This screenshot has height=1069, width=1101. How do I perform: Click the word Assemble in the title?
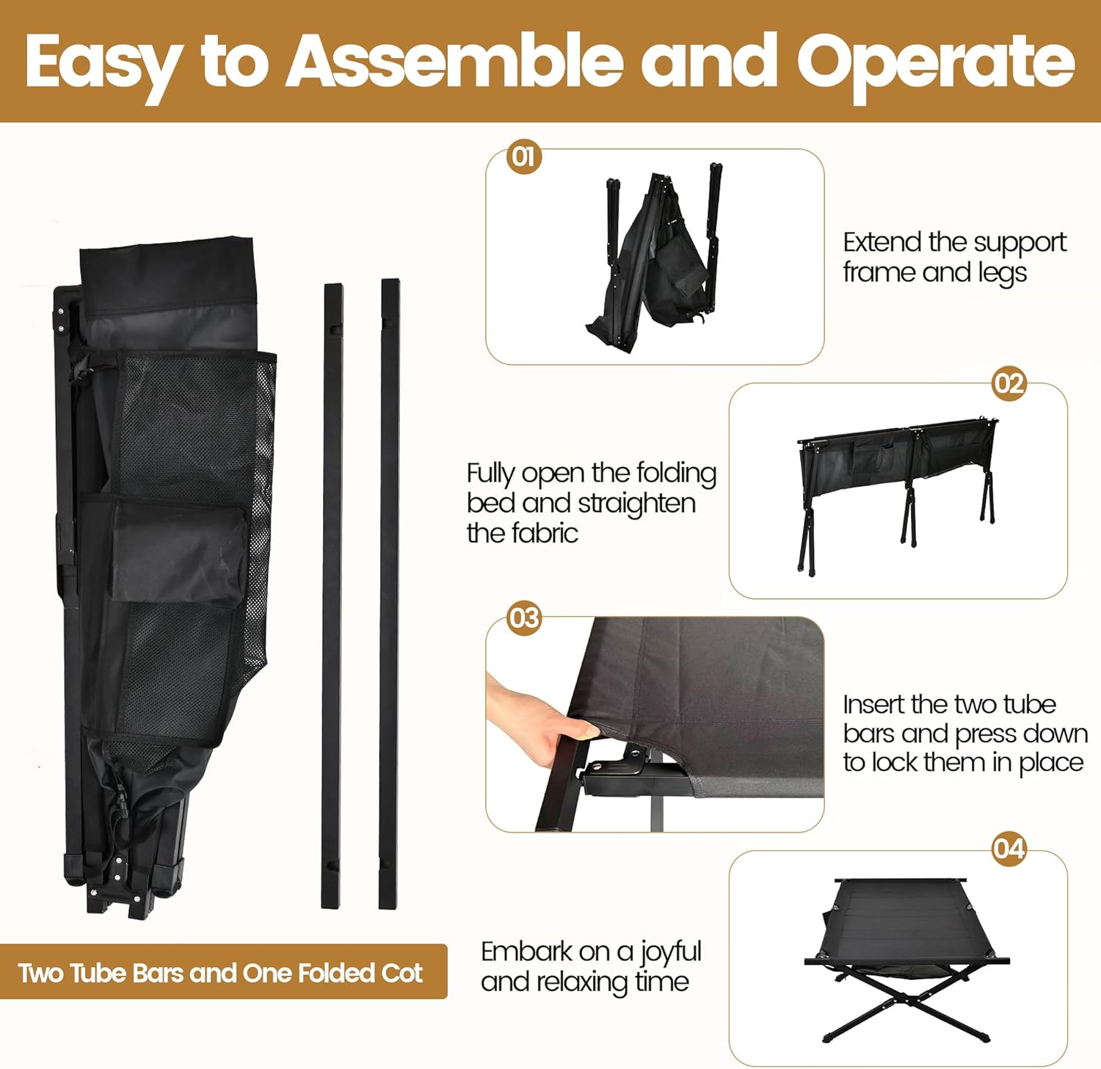455,62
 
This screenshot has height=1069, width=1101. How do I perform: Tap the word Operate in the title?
935,62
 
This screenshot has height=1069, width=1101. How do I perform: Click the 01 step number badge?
524,156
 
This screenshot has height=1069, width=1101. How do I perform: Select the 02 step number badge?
1009,383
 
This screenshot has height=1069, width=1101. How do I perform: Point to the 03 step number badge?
524,618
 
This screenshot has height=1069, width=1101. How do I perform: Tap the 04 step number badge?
1009,849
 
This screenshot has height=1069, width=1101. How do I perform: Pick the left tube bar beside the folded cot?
333,595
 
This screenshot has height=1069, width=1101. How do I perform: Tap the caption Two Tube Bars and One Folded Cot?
220,973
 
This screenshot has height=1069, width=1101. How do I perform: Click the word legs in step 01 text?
1002,273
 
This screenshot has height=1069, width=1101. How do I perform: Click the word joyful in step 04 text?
670,952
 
